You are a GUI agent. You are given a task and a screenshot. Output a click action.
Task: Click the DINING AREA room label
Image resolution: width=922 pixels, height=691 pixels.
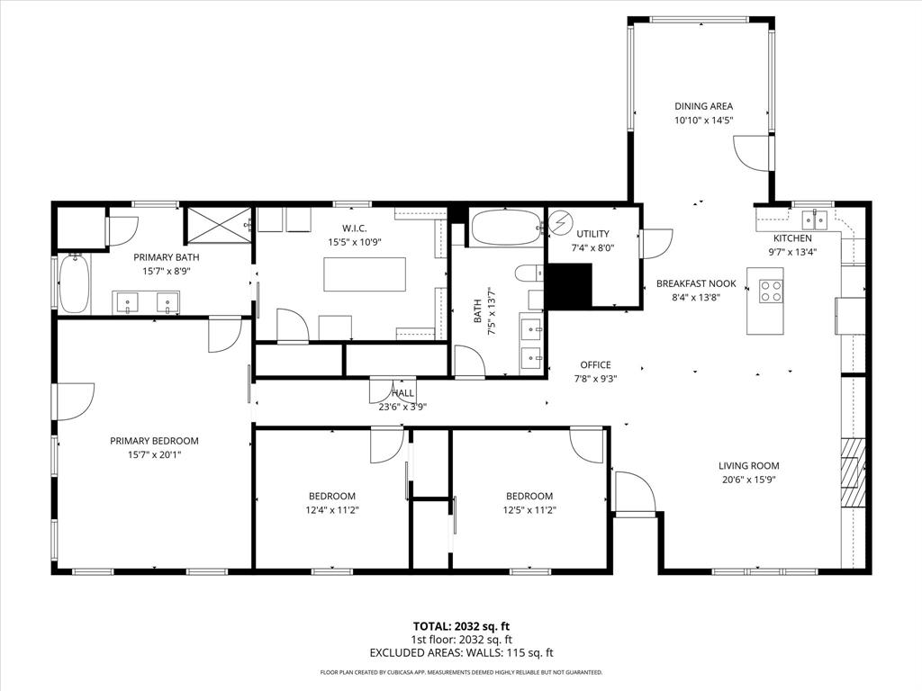703,106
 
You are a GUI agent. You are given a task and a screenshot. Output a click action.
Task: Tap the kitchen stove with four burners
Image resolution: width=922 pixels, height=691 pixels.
771,290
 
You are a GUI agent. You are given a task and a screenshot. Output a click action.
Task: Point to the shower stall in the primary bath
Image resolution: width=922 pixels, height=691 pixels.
219,224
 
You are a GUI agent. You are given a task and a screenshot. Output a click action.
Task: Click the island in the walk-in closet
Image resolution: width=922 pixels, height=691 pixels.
365,274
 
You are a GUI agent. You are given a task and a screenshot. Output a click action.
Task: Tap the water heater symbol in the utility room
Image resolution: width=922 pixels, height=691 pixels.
561,221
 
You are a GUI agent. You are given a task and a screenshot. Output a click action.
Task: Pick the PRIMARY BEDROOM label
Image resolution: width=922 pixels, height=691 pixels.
154,441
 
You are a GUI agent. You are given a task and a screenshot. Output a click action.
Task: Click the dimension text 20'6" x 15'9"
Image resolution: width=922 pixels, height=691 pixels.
748,480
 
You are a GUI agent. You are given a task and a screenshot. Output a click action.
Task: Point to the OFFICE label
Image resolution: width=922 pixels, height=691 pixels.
595,364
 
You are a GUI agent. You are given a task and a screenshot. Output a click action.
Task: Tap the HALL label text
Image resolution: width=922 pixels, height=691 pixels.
402,393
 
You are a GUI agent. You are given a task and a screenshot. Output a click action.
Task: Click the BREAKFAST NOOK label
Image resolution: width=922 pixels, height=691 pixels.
696,283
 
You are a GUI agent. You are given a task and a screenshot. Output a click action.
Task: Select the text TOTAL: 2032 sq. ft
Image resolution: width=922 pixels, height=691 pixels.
461,626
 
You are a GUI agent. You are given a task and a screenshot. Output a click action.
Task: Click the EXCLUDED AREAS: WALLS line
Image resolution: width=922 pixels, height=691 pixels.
461,653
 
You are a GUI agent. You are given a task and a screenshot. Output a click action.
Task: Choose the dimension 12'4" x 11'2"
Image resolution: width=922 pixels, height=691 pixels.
332,510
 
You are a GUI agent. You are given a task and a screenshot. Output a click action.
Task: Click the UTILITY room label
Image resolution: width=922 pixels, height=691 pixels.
593,234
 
